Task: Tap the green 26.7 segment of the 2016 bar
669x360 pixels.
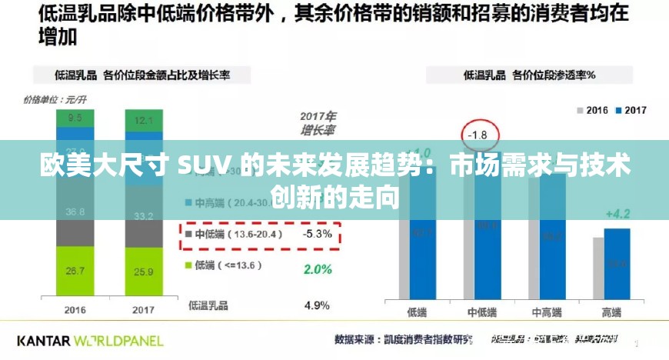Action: [75, 271]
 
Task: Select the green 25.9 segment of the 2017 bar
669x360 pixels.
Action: [144, 272]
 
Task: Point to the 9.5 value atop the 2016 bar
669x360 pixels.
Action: [75, 118]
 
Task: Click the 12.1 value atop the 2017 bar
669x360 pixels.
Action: [144, 120]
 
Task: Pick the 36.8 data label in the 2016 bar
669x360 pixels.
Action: [75, 212]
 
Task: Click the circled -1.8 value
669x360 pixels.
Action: [478, 135]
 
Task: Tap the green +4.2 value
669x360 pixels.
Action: [617, 213]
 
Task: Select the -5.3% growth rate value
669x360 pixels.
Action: [318, 234]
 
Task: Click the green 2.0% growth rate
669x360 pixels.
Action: [318, 269]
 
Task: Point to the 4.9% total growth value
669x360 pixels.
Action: [318, 305]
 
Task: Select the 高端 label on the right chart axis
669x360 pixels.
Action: [612, 312]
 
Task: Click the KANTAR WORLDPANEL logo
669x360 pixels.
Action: [90, 339]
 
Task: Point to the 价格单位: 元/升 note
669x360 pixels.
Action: [55, 99]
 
